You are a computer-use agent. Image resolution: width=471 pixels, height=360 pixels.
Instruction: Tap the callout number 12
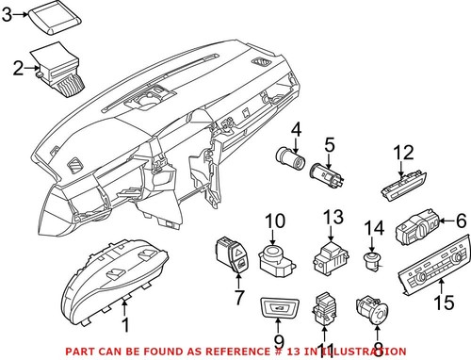pyautogui.click(x=403, y=152)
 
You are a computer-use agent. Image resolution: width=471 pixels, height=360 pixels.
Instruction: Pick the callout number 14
pyautogui.click(x=375, y=228)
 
